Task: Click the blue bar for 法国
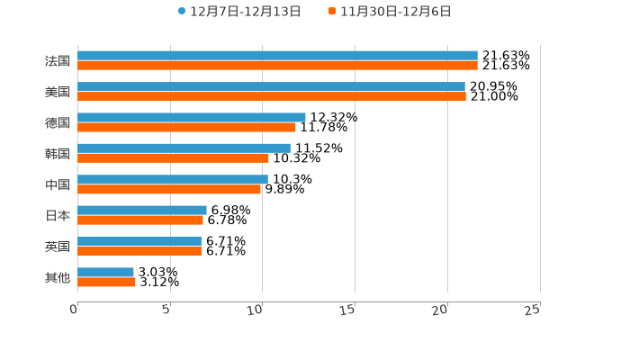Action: pyautogui.click(x=277, y=56)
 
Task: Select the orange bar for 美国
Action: pyautogui.click(x=272, y=96)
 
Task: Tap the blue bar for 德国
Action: pyautogui.click(x=192, y=117)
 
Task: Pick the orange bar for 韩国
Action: pyautogui.click(x=173, y=157)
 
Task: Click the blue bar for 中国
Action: pyautogui.click(x=173, y=179)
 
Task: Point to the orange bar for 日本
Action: pyautogui.click(x=140, y=220)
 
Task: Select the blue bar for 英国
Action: pyautogui.click(x=139, y=241)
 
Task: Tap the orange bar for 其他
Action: pyautogui.click(x=106, y=282)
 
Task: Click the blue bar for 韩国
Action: pyautogui.click(x=184, y=148)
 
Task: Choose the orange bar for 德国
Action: pyautogui.click(x=186, y=127)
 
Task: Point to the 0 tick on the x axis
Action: pyautogui.click(x=75, y=310)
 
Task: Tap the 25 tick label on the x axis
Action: pyautogui.click(x=533, y=310)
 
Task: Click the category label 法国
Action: pyautogui.click(x=58, y=61)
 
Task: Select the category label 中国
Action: pyautogui.click(x=58, y=184)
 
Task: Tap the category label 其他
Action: pyautogui.click(x=58, y=277)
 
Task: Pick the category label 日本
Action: pyautogui.click(x=58, y=215)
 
